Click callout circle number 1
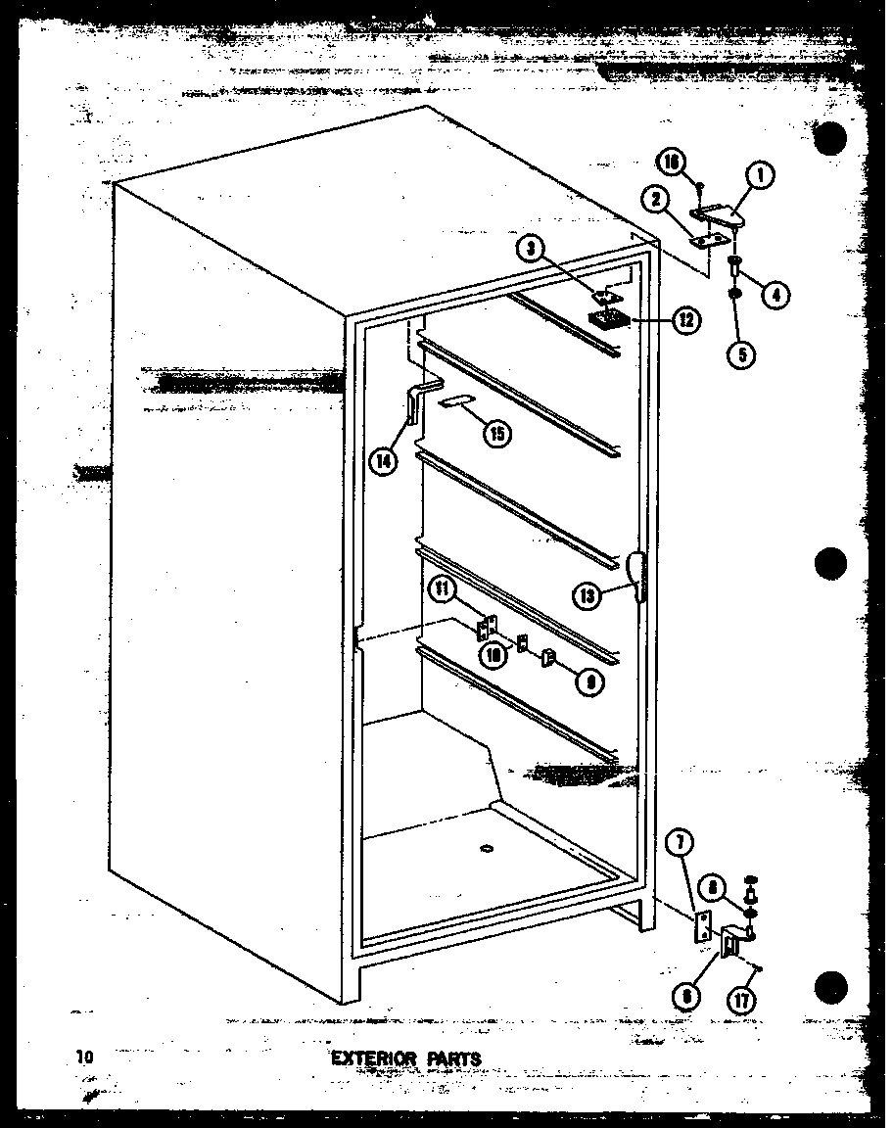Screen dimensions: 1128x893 click(x=760, y=176)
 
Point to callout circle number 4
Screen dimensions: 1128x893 click(x=775, y=293)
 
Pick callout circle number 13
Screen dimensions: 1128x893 click(x=588, y=593)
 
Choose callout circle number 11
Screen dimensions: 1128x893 click(x=443, y=589)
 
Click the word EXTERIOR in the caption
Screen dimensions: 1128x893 click(x=371, y=1058)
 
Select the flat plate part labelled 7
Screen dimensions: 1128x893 click(x=702, y=925)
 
